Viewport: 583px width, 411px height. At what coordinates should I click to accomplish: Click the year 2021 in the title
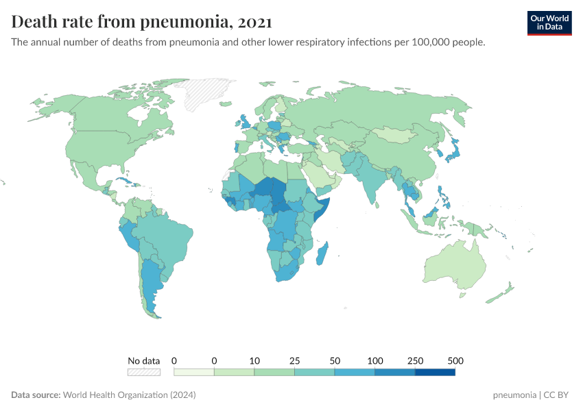[x=255, y=22]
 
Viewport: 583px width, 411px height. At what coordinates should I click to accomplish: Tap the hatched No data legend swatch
[x=143, y=373]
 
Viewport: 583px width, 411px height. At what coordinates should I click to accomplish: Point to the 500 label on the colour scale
[x=455, y=361]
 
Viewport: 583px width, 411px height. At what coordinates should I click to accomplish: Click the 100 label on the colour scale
[x=375, y=361]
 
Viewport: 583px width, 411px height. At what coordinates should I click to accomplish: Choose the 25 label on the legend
[x=294, y=361]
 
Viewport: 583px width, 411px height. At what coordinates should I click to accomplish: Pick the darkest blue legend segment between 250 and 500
[x=435, y=373]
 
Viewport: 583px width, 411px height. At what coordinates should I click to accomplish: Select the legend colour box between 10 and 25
[x=274, y=373]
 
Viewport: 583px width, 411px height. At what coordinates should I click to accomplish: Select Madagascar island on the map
[x=322, y=253]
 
